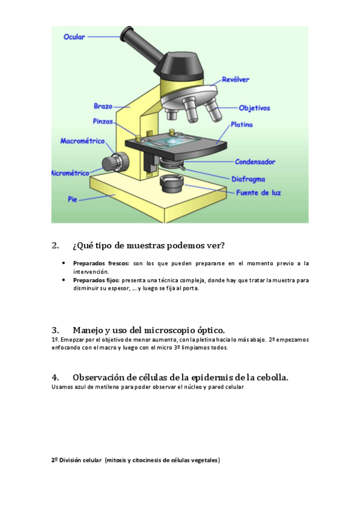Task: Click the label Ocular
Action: (x=74, y=37)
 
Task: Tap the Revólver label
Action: (x=236, y=79)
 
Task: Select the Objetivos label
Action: (x=254, y=108)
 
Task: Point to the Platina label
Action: (x=242, y=124)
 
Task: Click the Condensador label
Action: (x=255, y=162)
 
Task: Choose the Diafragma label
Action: (x=248, y=179)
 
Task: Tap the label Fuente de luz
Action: (x=258, y=192)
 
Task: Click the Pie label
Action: (x=73, y=199)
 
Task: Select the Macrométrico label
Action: (x=82, y=141)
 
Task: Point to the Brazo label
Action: (x=103, y=106)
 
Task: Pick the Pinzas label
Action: (x=103, y=121)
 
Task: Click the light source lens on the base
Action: (x=172, y=183)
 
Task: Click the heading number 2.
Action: (x=55, y=245)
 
